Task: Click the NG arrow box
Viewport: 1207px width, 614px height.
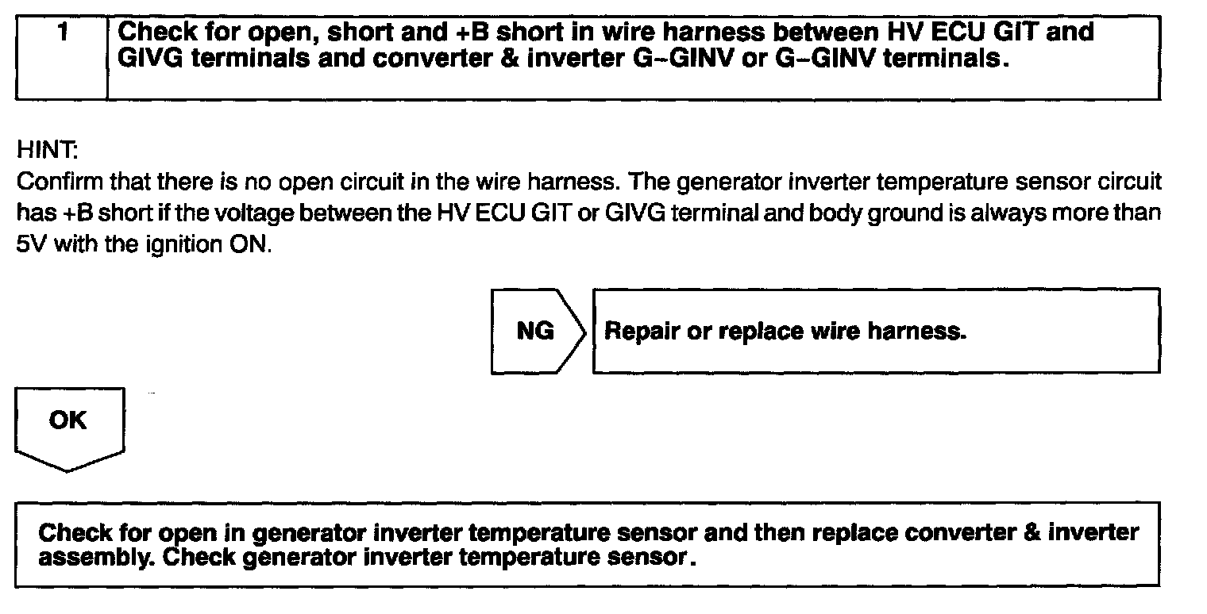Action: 535,331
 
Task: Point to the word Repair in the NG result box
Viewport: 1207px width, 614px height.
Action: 642,332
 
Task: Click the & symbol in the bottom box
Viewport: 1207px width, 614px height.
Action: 1032,531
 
